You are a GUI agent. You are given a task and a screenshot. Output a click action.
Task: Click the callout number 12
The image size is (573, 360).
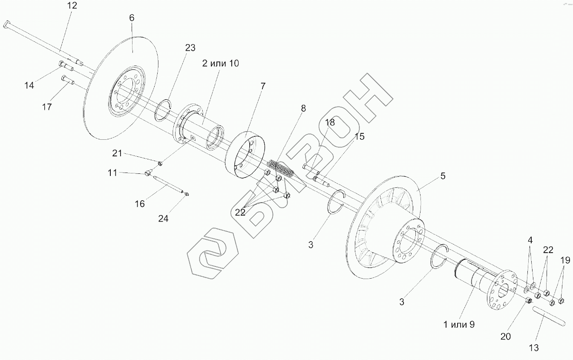point(72,6)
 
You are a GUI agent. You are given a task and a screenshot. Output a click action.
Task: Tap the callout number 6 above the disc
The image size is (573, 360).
point(132,18)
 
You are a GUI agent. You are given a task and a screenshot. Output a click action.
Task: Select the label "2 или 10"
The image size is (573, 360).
point(221,63)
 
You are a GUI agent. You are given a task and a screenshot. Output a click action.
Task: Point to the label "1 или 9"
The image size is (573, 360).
point(459,325)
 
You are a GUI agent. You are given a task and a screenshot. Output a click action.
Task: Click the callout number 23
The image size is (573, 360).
point(190,48)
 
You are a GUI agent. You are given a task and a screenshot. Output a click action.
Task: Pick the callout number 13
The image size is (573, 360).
point(534,348)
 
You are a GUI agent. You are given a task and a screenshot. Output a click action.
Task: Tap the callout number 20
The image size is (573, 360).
point(506,337)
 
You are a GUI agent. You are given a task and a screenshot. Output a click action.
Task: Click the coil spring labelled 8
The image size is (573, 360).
point(281,169)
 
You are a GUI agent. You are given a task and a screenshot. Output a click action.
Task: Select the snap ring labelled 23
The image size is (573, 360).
point(163,110)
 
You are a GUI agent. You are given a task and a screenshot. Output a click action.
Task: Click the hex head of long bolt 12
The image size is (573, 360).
point(6,25)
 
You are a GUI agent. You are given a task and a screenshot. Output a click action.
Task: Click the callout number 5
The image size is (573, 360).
point(443,176)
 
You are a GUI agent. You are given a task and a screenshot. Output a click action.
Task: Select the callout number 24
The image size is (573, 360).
point(164,219)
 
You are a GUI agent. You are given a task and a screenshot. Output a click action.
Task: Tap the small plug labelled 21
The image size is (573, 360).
point(160,163)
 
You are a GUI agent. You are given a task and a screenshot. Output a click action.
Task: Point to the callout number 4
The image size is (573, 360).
point(530,240)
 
